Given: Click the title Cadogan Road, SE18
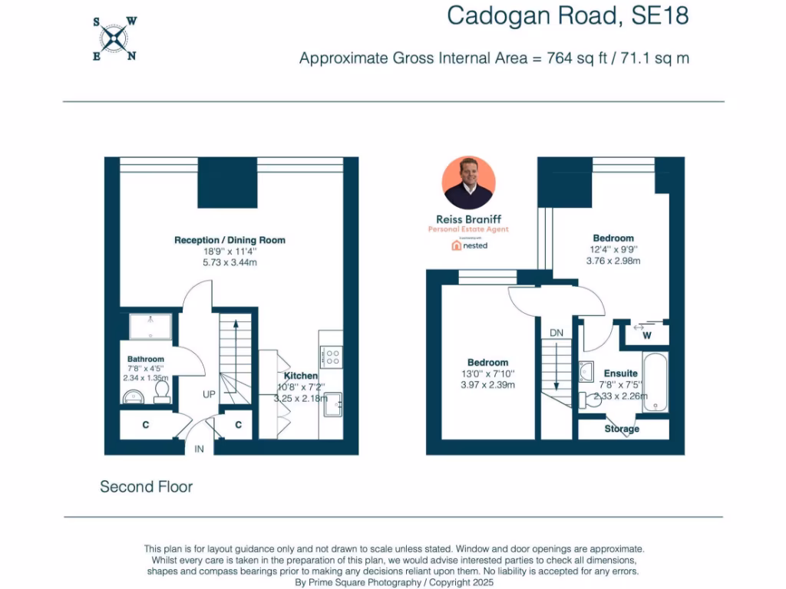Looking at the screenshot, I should [568, 15].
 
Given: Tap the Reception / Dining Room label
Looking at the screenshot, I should [230, 240].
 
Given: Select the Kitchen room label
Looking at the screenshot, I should [301, 376].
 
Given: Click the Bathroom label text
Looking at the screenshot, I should [146, 359].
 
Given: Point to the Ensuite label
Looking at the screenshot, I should [620, 373].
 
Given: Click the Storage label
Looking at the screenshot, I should [622, 429].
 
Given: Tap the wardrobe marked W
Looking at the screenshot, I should [646, 335].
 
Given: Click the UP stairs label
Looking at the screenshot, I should [209, 394].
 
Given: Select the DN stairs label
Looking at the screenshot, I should [557, 333].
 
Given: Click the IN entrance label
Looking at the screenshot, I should [199, 449].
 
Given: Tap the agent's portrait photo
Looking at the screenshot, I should [469, 183].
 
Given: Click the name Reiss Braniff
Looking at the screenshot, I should [469, 219].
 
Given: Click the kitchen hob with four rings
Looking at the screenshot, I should [332, 357].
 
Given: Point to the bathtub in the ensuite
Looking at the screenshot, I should [656, 383].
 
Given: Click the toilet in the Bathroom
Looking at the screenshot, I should [162, 391].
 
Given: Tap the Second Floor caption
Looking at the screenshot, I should [146, 487].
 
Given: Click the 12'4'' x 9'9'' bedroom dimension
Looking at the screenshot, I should [613, 249].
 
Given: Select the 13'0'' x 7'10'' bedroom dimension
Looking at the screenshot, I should [487, 373].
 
